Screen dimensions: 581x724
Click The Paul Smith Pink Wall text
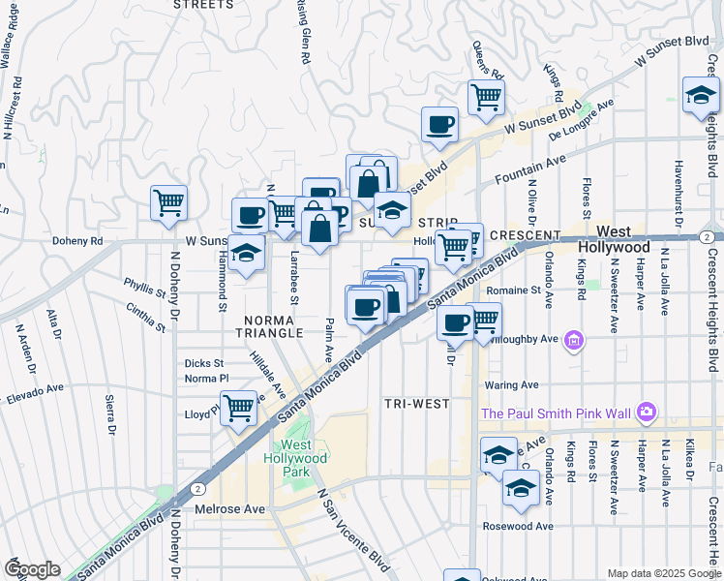(556, 414)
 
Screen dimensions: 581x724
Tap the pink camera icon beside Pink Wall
(647, 413)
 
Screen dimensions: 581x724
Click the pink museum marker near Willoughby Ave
(575, 340)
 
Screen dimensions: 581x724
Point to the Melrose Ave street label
(229, 509)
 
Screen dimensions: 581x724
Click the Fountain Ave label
(528, 172)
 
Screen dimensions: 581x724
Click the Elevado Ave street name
(35, 392)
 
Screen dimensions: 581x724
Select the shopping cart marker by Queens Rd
(486, 96)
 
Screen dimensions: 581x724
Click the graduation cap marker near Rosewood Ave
(521, 487)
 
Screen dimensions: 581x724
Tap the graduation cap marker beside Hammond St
(247, 253)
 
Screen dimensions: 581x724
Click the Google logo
(31, 569)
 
